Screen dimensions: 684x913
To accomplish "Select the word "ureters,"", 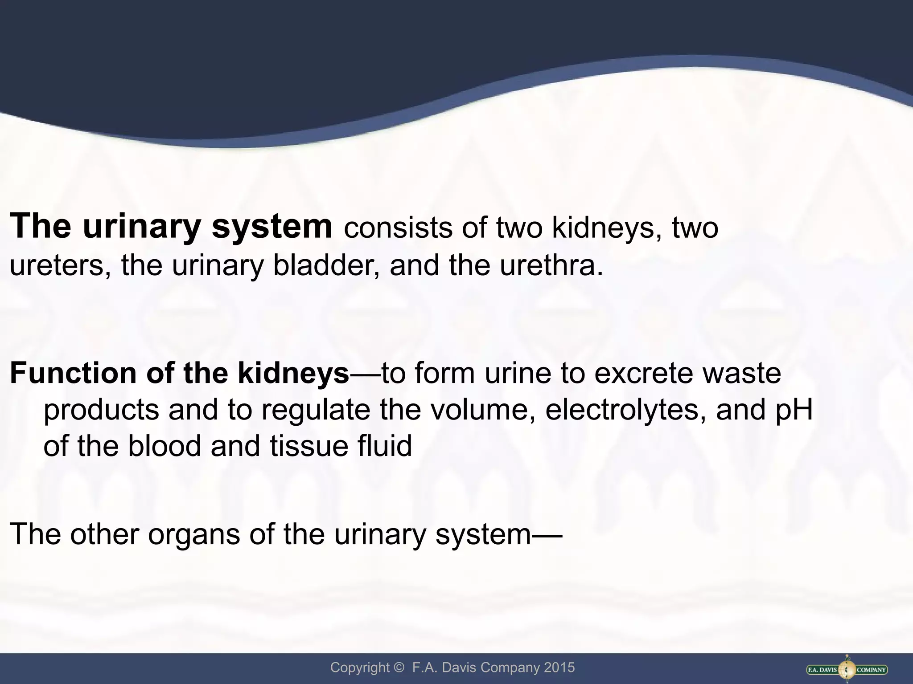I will click(x=61, y=266).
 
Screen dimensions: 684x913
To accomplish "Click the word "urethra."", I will click(x=551, y=265).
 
